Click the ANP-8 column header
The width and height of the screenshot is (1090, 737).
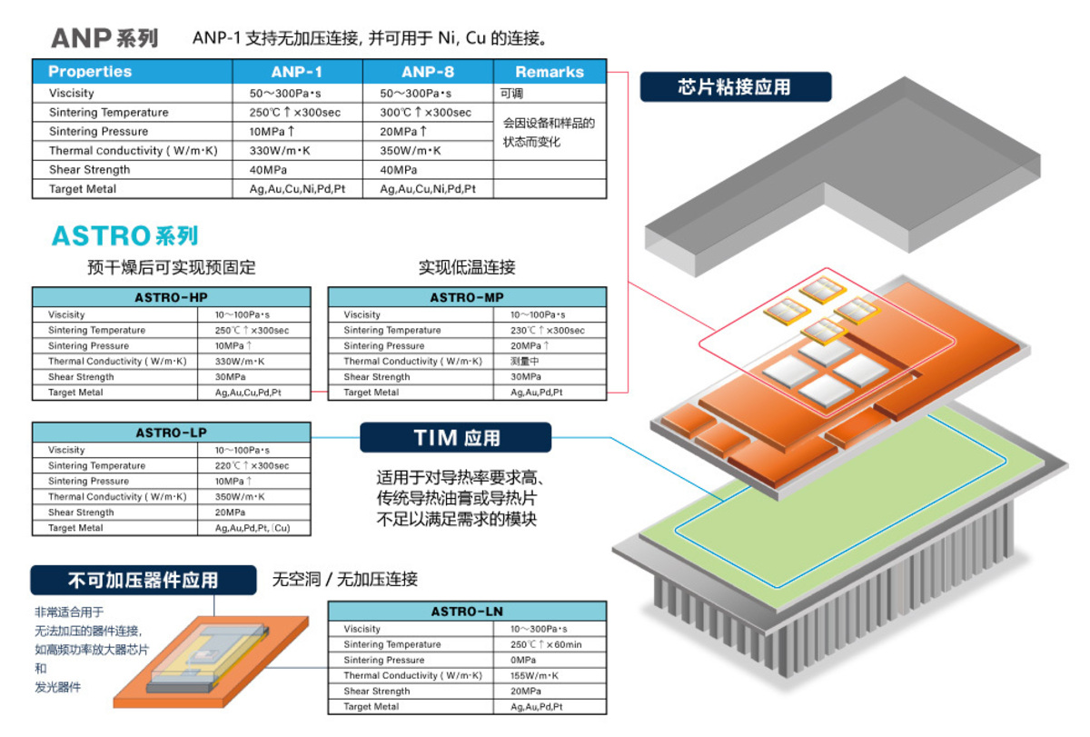point(428,72)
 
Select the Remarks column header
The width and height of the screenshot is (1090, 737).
point(550,72)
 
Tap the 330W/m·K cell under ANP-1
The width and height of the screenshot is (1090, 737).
point(297,151)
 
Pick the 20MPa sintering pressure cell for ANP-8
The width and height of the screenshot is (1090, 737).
point(428,132)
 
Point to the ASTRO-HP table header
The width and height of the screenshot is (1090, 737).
point(172,297)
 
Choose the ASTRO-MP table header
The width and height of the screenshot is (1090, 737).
point(467,297)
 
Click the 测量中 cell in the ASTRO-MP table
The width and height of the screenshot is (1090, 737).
point(550,361)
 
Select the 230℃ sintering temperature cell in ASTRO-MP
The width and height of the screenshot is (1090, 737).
point(550,330)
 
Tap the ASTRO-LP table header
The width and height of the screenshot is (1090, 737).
point(172,433)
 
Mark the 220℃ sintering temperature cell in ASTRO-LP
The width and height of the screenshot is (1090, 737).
point(254,465)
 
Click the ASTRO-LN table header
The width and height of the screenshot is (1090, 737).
point(467,612)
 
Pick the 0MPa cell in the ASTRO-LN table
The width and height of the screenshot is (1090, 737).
point(550,660)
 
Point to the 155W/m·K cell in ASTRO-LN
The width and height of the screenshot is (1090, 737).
point(550,676)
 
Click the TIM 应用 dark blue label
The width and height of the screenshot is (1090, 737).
point(455,438)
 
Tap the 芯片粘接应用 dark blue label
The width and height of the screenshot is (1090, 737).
point(736,86)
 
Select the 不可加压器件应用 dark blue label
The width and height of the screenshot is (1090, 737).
point(144,581)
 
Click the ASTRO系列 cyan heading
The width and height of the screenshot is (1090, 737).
point(125,236)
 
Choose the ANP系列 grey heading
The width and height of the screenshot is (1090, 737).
point(104,38)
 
